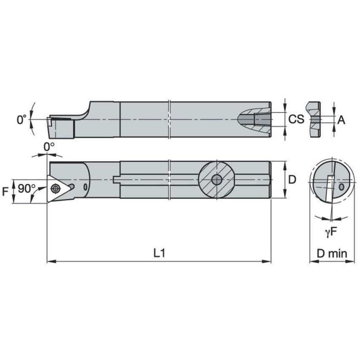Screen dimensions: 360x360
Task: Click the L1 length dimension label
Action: click(159, 253)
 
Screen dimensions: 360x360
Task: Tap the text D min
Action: click(332, 254)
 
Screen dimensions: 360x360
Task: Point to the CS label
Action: click(296, 120)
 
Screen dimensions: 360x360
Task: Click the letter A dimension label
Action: click(341, 120)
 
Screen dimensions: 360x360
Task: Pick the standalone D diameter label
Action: click(291, 180)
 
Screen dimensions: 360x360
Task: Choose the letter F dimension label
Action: click(5, 192)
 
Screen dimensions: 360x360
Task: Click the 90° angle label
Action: click(27, 188)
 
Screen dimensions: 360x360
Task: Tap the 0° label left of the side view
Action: click(21, 120)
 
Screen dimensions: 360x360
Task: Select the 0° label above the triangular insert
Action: click(49, 147)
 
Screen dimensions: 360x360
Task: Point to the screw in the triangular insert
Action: click(54, 188)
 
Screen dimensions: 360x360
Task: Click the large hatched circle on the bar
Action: click(216, 180)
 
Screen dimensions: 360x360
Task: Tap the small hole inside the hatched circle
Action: click(216, 180)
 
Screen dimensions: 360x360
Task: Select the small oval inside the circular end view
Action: click(341, 186)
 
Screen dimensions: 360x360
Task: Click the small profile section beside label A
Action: click(313, 120)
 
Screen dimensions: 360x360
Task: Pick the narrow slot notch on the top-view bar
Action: click(117, 180)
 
